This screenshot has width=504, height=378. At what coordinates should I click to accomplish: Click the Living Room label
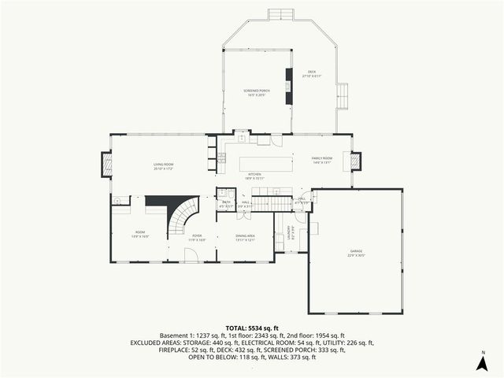point(163,165)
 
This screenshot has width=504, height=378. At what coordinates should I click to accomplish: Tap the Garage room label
point(356,253)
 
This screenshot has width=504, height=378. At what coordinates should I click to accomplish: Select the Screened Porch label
point(257,92)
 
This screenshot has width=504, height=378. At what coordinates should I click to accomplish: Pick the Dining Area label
point(245,237)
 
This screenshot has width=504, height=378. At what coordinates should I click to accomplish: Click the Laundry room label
point(290,232)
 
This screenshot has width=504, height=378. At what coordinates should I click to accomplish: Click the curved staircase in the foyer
point(183,217)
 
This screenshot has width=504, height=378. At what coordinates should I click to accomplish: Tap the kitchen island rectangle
point(265,163)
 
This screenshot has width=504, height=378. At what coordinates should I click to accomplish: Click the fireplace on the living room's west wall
point(106,164)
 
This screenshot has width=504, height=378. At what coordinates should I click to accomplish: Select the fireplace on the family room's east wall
point(354,161)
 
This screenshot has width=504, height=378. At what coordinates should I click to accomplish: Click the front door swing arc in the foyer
point(190,254)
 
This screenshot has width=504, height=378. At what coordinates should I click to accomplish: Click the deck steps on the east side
point(343,97)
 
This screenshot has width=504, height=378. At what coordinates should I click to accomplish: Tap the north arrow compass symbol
point(482,361)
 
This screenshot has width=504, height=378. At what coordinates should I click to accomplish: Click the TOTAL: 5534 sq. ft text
point(252,328)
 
